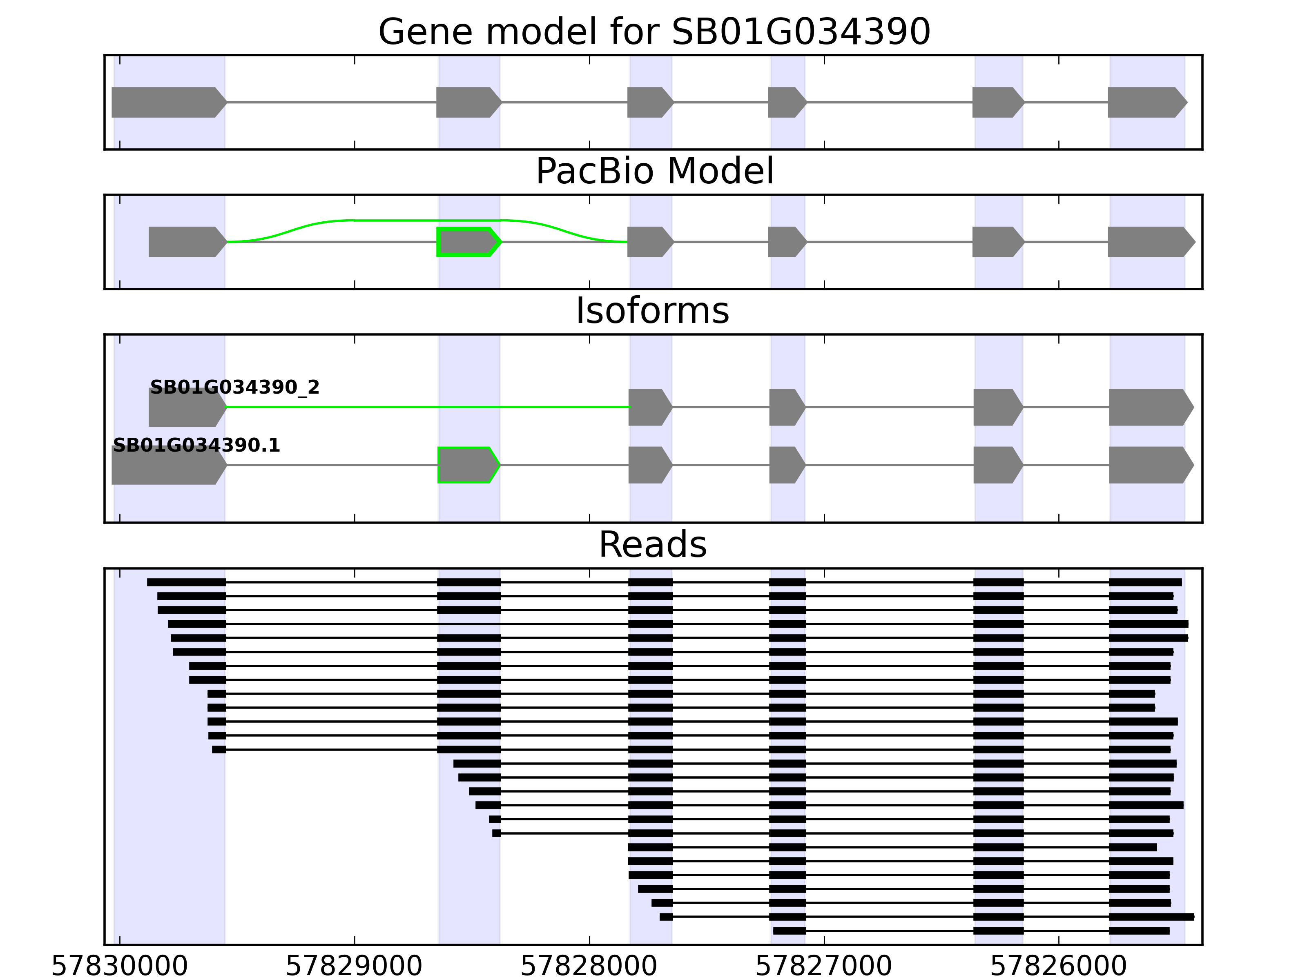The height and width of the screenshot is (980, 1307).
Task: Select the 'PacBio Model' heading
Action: pos(654,171)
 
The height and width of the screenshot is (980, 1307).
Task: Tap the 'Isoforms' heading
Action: pos(652,311)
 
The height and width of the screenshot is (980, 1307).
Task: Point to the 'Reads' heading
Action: pos(652,545)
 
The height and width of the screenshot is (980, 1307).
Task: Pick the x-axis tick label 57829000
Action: pos(354,967)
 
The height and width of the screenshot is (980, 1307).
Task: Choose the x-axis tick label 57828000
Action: pos(589,967)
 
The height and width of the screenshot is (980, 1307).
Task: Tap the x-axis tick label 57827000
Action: pos(824,967)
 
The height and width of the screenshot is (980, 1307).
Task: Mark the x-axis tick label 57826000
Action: pos(1058,967)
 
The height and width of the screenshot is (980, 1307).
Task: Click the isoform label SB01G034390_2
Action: pos(234,388)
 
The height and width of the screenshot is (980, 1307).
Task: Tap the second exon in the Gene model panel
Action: pos(467,102)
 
